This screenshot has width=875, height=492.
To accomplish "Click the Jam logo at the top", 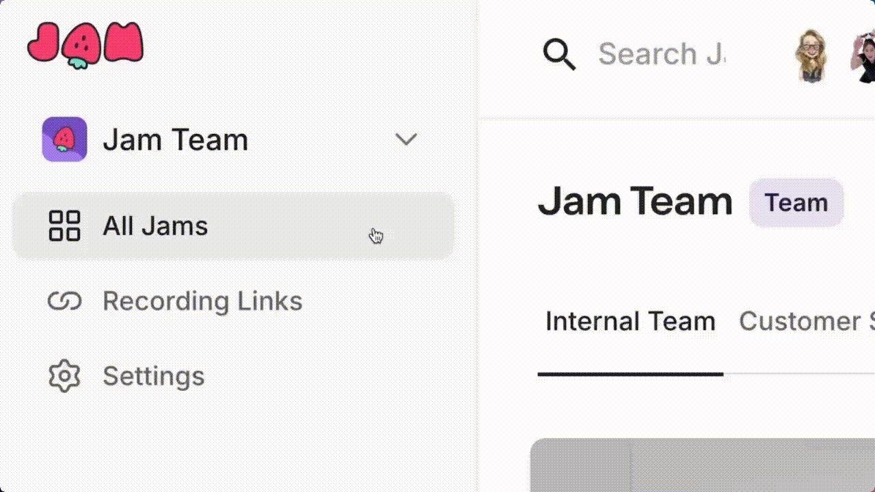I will (x=85, y=44).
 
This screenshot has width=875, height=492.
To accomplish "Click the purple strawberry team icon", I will (x=64, y=139).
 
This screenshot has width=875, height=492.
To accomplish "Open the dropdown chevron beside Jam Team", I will (x=406, y=139).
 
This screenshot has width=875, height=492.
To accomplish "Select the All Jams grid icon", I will (x=64, y=225).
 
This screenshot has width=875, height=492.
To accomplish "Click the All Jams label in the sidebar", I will (x=155, y=225).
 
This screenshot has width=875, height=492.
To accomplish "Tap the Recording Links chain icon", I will (x=64, y=301).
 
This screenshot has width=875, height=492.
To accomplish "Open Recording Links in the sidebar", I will (x=202, y=301).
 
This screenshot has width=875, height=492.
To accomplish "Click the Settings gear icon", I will (x=64, y=376).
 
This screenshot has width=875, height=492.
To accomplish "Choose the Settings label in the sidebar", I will (x=153, y=376).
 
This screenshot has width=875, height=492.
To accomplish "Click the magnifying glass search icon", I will (x=559, y=54).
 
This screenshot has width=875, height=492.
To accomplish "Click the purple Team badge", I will (x=796, y=202).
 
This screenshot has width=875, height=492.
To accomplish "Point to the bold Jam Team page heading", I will (x=635, y=202).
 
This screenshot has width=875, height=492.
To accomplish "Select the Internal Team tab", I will (x=630, y=321).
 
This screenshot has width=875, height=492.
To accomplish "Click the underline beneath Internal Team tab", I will (x=630, y=374).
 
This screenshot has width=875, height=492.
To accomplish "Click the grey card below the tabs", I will (x=702, y=465).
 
